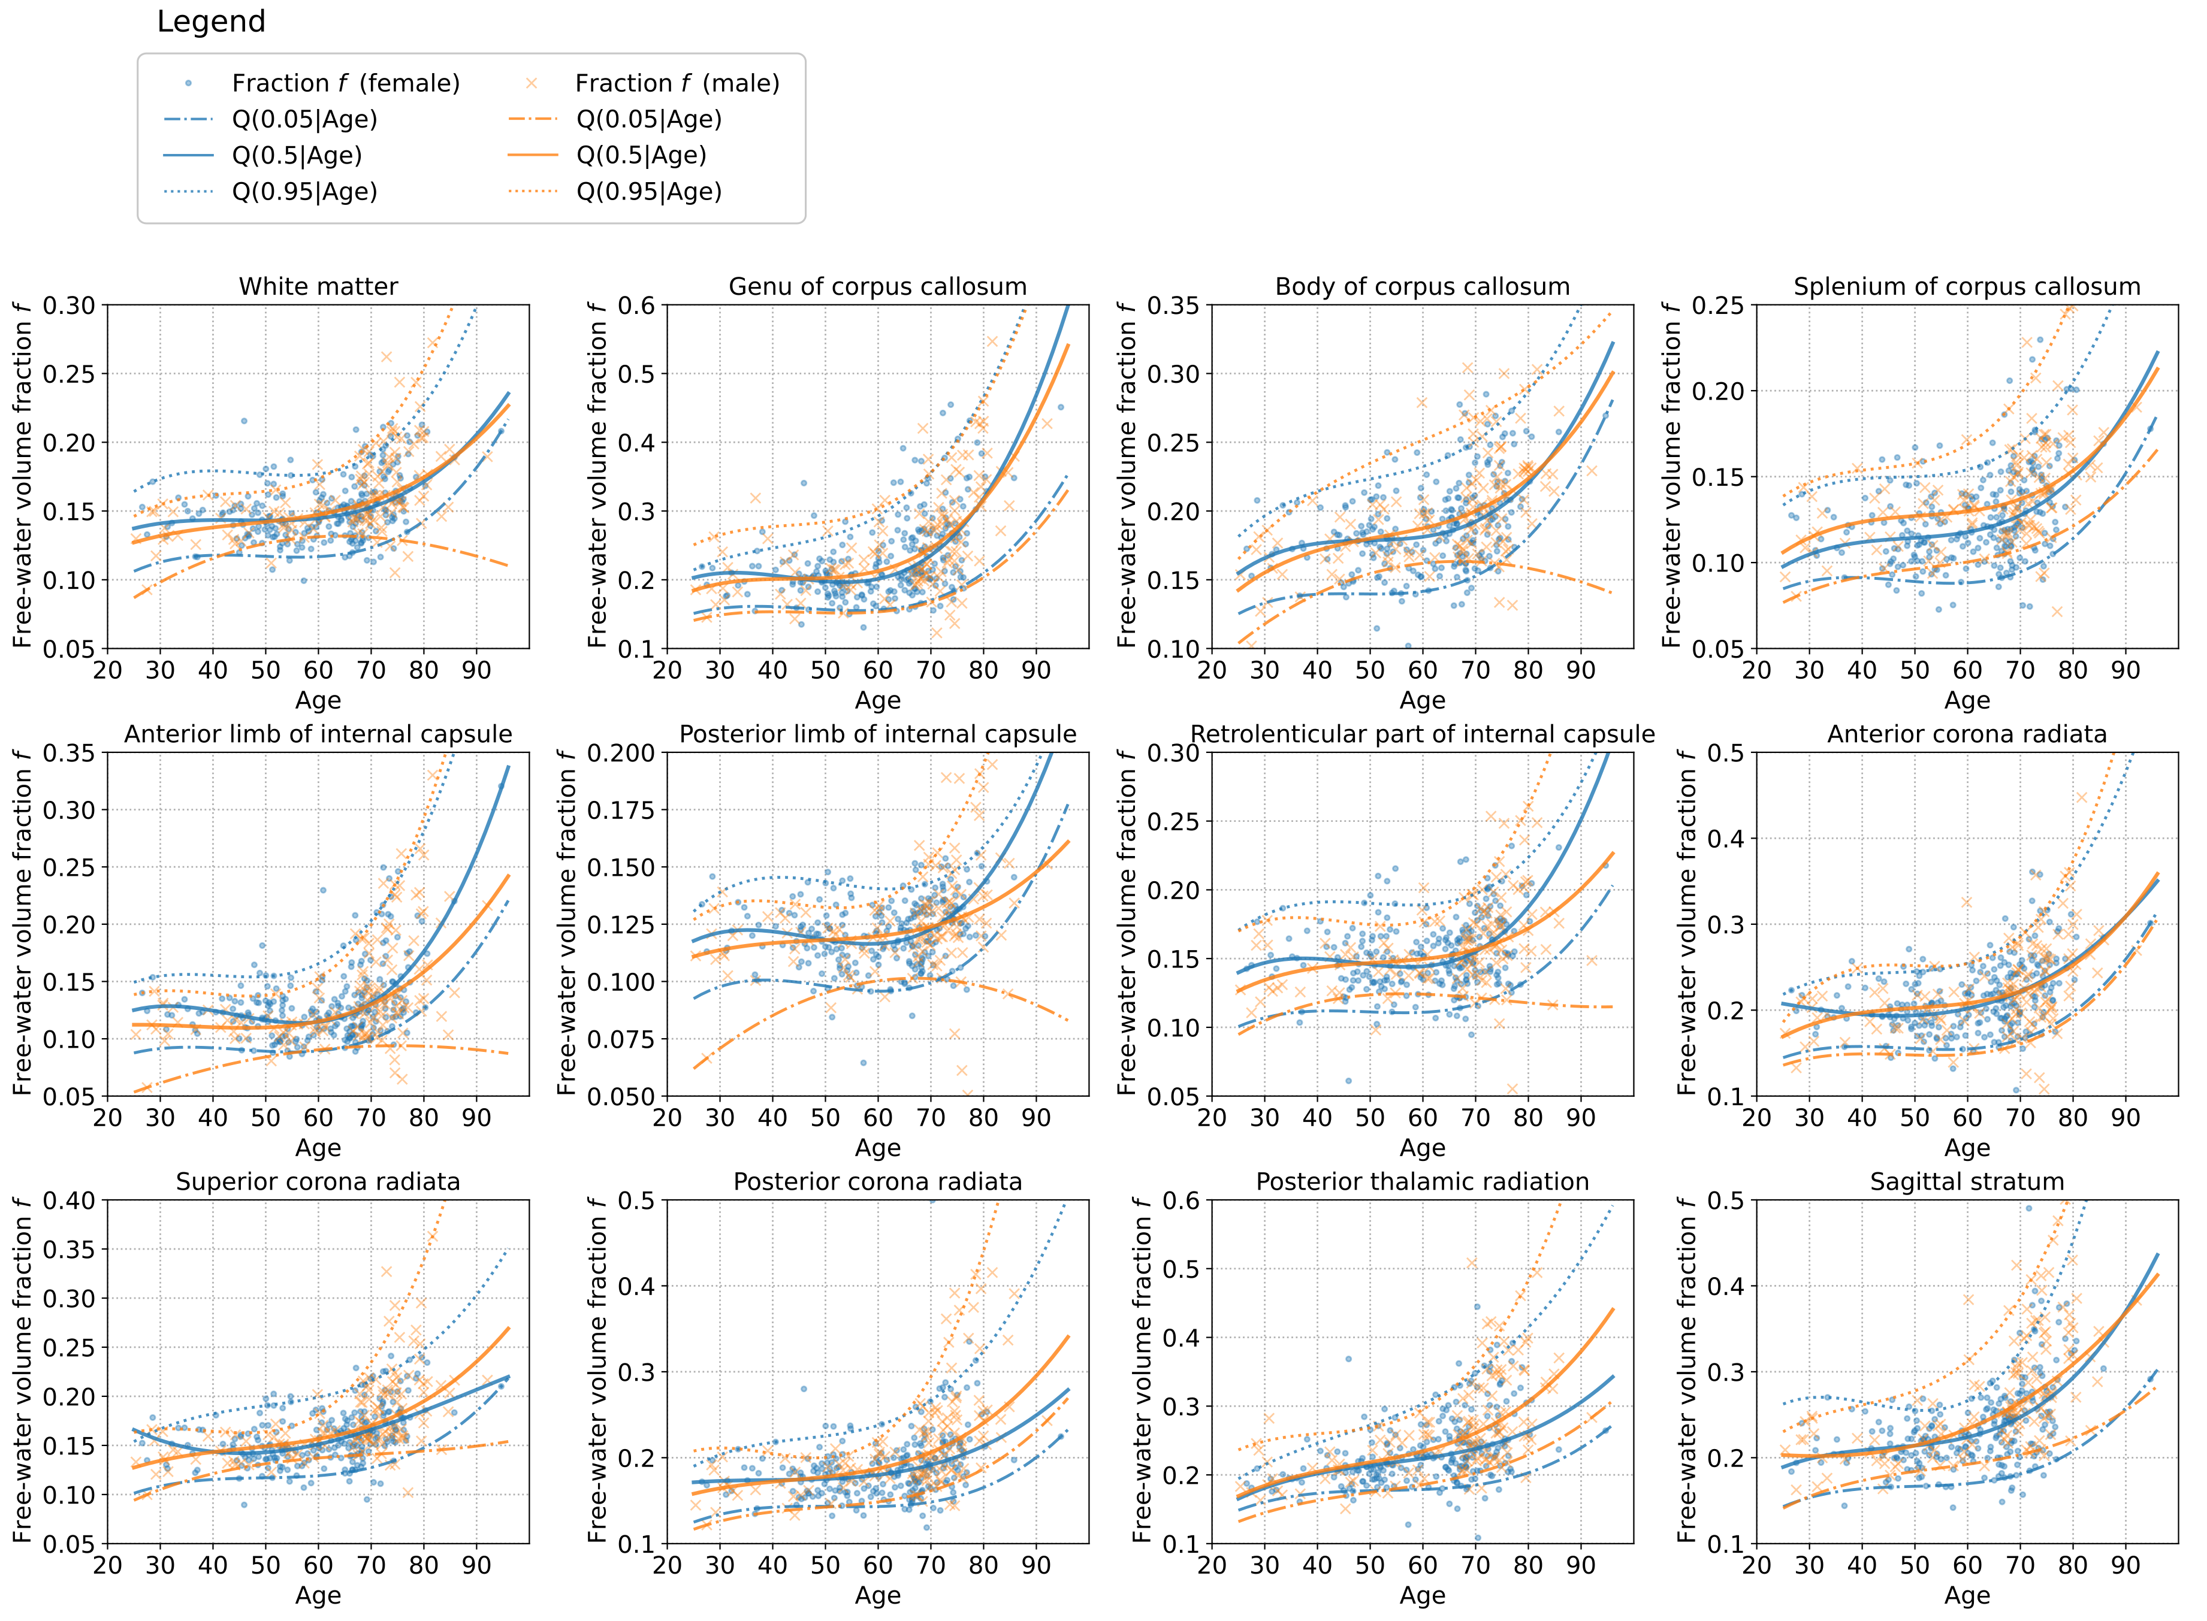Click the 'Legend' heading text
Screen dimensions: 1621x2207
pos(211,22)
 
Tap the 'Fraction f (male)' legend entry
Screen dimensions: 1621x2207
pos(677,83)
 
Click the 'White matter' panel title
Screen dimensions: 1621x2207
pos(318,286)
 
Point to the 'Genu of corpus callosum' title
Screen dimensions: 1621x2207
pos(877,286)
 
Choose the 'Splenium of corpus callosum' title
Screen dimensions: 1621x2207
pos(1967,286)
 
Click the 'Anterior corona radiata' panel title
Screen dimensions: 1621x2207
pos(1967,734)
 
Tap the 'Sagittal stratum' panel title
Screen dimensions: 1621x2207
pos(1967,1181)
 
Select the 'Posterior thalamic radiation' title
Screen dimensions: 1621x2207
pos(1422,1181)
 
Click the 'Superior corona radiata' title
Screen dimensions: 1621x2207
pos(318,1181)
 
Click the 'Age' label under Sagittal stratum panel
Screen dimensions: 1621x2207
pos(1967,1595)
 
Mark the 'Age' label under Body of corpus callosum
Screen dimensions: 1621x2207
pos(1422,701)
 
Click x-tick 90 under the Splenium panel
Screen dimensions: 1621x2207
pos(2126,671)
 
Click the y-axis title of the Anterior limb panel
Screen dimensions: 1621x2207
pos(22,923)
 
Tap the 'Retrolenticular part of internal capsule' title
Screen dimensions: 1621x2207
pos(1422,734)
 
